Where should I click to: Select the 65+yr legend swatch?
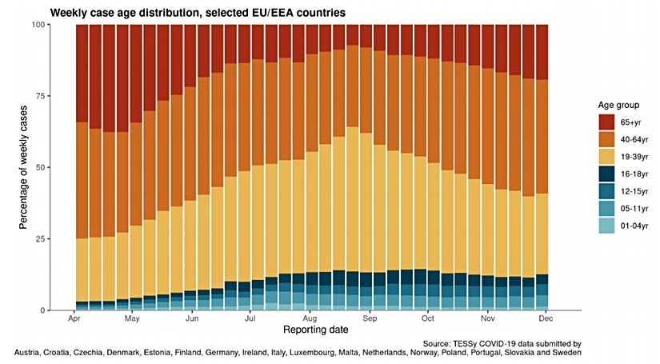point(609,122)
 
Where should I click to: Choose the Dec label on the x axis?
point(546,318)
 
